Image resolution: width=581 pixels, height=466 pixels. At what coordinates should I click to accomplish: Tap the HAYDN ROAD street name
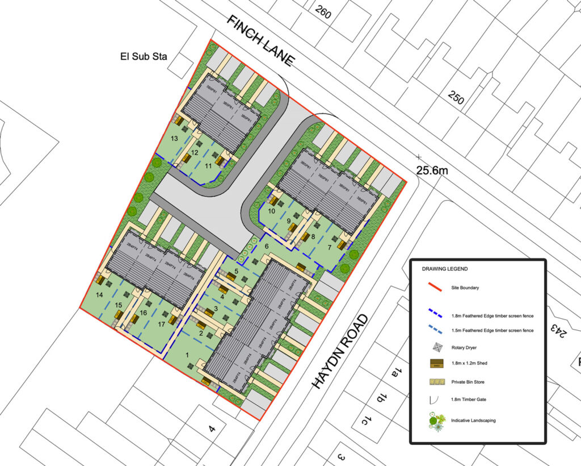(x=340, y=352)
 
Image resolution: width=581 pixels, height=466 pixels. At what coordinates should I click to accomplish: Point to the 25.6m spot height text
(x=436, y=170)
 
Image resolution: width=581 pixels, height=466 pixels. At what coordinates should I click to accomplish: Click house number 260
(x=322, y=11)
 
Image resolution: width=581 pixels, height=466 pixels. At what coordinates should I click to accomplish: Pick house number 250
(x=456, y=98)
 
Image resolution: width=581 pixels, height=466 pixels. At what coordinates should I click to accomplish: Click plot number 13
(x=174, y=139)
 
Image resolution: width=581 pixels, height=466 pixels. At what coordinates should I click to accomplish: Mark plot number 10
(x=272, y=211)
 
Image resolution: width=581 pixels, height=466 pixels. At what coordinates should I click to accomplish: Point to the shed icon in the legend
(x=436, y=364)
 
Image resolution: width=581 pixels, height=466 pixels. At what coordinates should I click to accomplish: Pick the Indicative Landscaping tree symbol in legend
(x=436, y=421)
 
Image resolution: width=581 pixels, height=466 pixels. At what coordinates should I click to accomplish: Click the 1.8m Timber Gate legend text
(x=469, y=401)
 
